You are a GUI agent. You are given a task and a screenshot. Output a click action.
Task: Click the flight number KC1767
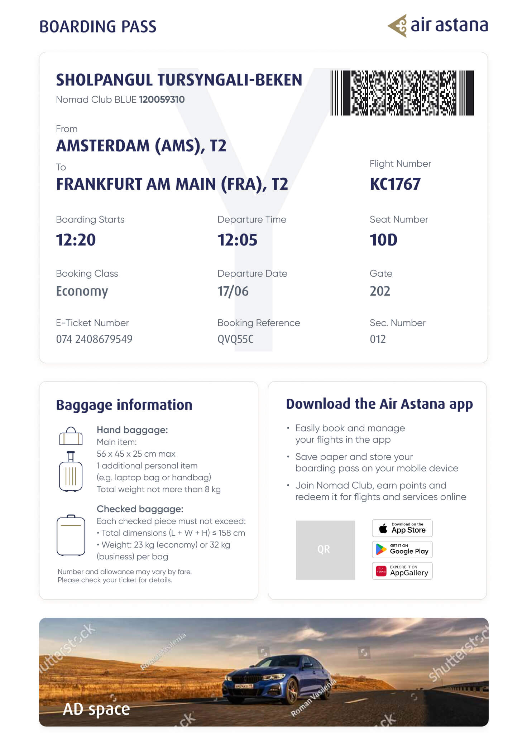coord(395,184)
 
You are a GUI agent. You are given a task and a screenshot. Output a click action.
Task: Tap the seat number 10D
coord(383,240)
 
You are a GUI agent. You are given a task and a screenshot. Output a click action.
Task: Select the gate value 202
coord(380,291)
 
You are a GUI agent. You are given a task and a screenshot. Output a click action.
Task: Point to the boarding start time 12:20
coord(76,240)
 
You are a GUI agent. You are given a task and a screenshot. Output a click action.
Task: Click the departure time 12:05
coord(237,240)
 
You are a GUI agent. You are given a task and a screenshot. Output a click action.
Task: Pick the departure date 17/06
coord(233,291)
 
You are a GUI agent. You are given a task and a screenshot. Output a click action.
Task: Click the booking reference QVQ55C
coord(235,339)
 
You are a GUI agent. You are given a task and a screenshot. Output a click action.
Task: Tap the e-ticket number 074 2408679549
coord(94,339)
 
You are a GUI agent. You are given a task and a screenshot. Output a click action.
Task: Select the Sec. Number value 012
coord(378,339)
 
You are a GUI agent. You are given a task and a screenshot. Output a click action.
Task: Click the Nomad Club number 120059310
coord(162,99)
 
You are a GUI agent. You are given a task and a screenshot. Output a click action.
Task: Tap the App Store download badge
coord(402,528)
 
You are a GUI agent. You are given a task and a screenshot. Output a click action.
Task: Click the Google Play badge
coord(402,550)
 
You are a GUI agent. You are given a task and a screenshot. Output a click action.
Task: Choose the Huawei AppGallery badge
coord(402,571)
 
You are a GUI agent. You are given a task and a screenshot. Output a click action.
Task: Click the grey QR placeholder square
coord(325,550)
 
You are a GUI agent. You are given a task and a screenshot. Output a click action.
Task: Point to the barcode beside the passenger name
coord(402,93)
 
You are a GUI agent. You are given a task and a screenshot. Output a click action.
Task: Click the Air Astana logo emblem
coord(398,26)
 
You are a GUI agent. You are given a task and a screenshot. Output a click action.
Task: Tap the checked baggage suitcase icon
coord(71,535)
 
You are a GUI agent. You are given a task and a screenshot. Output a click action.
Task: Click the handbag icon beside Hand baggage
coord(71,436)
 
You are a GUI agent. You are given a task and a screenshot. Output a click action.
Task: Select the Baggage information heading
coord(124,405)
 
